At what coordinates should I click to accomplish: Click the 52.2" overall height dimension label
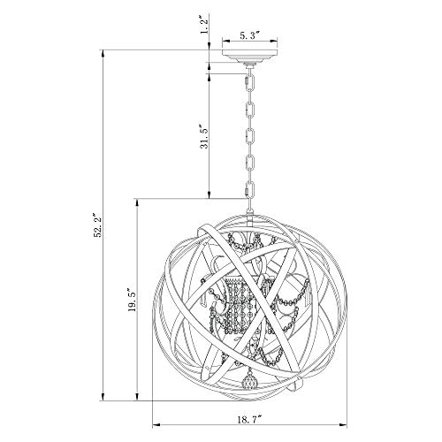click(98, 225)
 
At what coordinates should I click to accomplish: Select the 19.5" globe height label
click(131, 300)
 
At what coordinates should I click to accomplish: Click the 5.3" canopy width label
click(249, 36)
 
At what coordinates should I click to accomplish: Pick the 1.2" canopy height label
click(204, 26)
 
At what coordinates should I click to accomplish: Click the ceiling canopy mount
click(250, 57)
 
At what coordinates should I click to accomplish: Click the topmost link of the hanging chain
click(250, 83)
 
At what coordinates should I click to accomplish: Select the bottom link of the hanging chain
click(250, 189)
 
